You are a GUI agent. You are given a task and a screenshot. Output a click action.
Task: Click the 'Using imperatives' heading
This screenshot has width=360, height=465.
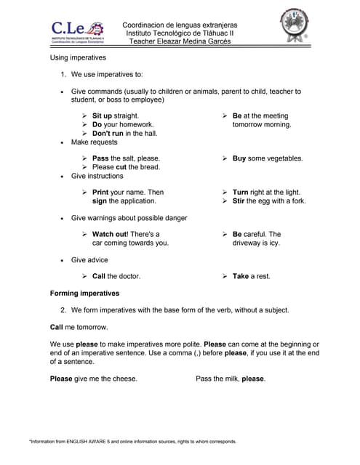coord(78,57)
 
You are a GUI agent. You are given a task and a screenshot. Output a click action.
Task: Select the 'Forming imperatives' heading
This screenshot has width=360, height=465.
coord(84,294)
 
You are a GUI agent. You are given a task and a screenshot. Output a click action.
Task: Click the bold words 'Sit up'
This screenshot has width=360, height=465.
coord(103,116)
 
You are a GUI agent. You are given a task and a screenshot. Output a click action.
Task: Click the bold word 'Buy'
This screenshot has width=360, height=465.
coord(239,158)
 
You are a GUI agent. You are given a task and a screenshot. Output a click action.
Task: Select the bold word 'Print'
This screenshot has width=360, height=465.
coord(100,193)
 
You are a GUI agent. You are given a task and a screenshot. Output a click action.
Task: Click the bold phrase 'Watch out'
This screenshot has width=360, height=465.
coord(110,235)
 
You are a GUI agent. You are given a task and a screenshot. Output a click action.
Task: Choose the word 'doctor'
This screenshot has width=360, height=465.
coord(127,277)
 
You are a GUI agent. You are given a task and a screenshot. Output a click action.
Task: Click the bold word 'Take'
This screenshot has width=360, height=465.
coord(241,277)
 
